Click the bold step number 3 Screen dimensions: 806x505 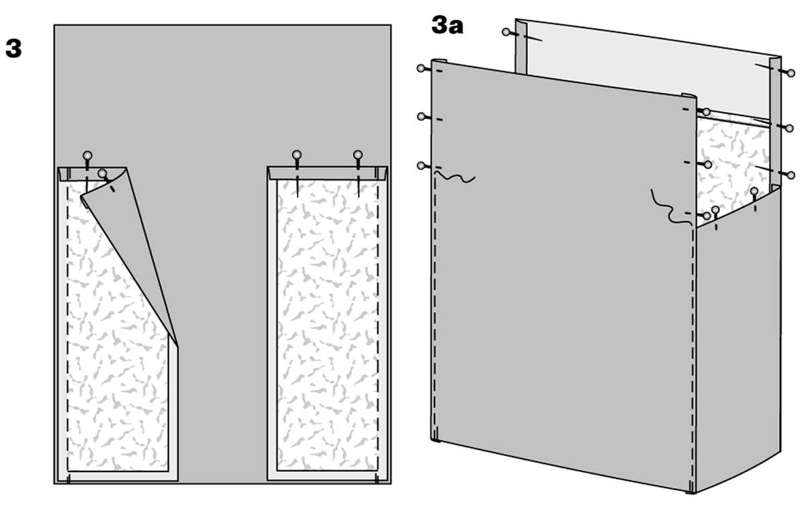pos(13,48)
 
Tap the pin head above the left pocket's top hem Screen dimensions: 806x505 pos(87,156)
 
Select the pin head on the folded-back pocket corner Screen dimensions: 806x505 pos(103,174)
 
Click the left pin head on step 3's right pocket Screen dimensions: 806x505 pos(296,154)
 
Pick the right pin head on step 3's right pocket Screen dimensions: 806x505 pos(357,155)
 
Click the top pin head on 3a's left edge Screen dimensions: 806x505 pos(421,68)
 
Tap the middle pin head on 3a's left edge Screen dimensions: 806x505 pos(421,117)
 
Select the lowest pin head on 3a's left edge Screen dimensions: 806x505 pos(421,165)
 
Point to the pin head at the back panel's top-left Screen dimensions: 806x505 pos(506,32)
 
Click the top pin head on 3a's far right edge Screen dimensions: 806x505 pos(791,73)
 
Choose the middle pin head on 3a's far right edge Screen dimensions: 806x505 pos(790,128)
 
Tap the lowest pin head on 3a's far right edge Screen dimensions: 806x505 pos(791,175)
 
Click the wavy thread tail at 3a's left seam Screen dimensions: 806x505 pos(455,177)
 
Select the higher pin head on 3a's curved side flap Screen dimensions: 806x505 pos(754,191)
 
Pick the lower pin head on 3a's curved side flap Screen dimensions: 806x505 pos(715,210)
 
